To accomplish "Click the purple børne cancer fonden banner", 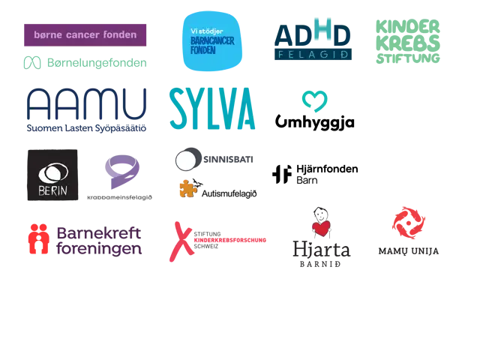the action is point(85,35).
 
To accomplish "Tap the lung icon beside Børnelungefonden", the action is point(32,63).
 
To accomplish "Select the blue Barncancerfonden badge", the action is point(212,41).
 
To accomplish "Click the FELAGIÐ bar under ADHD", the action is point(313,55).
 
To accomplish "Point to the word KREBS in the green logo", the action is point(408,43).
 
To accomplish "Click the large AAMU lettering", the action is point(87,103).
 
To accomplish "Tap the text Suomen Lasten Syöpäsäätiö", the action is point(86,128).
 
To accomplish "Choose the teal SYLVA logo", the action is point(212,108).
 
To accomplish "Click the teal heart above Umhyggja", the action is point(315,101).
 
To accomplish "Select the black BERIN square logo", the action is point(52,175).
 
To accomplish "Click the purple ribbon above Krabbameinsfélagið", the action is point(122,172).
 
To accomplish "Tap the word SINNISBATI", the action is point(228,160).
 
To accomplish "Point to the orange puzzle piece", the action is point(188,188).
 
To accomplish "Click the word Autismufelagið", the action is point(229,193).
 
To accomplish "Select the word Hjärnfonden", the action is point(327,169).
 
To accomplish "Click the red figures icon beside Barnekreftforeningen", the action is point(38,239).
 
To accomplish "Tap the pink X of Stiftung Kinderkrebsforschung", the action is point(181,241).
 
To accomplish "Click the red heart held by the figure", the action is point(322,228).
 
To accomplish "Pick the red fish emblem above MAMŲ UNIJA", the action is point(409,223).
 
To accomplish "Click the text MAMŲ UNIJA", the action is point(409,251).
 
